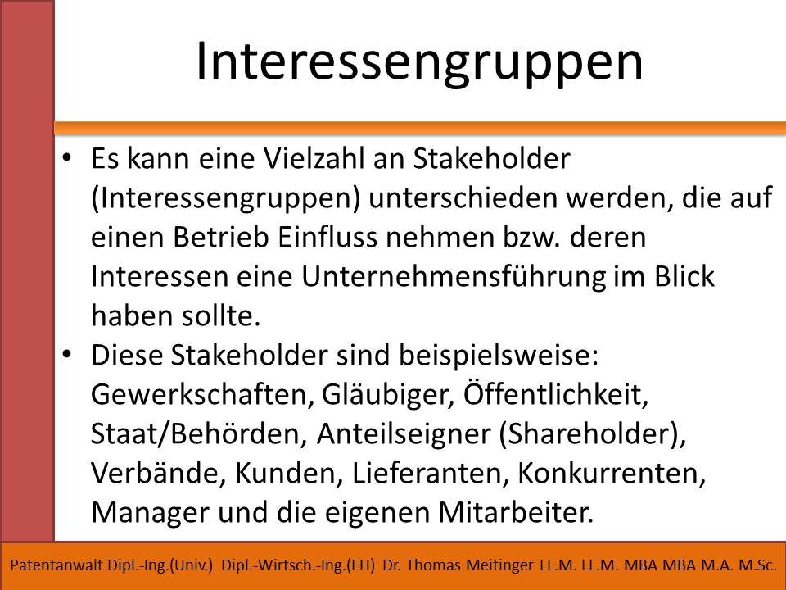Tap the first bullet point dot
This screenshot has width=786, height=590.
point(67,158)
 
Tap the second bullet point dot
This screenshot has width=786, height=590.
point(67,354)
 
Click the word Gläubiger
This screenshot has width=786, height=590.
point(388,395)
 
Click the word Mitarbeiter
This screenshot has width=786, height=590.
point(516,512)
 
